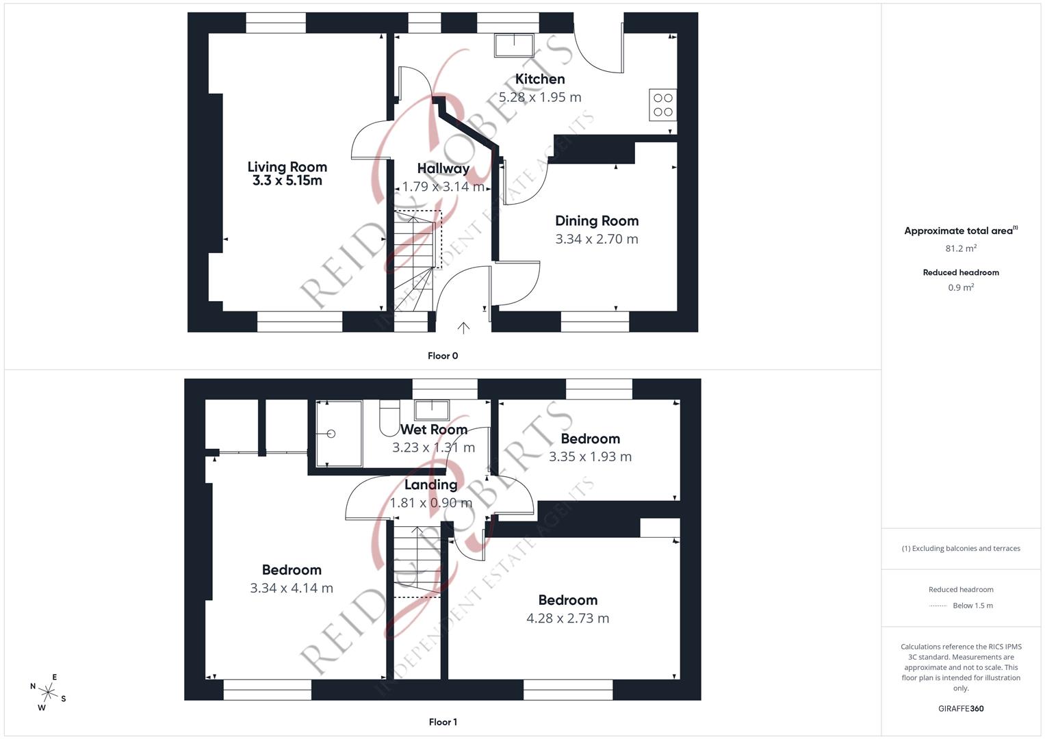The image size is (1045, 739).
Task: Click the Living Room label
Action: [287, 167]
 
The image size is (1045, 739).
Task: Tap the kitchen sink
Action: [513, 45]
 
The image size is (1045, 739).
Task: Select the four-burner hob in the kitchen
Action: [662, 105]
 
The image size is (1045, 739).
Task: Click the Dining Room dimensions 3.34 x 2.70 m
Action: [596, 239]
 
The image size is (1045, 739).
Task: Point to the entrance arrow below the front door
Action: [463, 328]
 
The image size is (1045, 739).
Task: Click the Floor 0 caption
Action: [443, 356]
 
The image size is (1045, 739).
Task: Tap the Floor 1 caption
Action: [443, 722]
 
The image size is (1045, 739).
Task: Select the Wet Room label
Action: [434, 430]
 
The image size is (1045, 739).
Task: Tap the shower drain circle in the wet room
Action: [331, 434]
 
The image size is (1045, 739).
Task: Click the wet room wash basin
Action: [432, 410]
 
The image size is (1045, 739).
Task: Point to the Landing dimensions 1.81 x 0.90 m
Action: [431, 503]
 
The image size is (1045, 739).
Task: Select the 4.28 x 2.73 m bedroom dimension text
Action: [567, 619]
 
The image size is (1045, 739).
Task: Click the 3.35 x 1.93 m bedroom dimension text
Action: [590, 456]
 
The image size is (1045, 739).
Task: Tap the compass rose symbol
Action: [48, 692]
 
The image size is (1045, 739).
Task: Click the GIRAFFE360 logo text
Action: [961, 708]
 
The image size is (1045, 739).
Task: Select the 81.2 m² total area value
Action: [961, 248]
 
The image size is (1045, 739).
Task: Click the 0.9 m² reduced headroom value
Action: [961, 287]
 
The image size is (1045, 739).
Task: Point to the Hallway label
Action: [443, 168]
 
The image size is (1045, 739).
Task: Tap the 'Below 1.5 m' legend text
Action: [972, 606]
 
